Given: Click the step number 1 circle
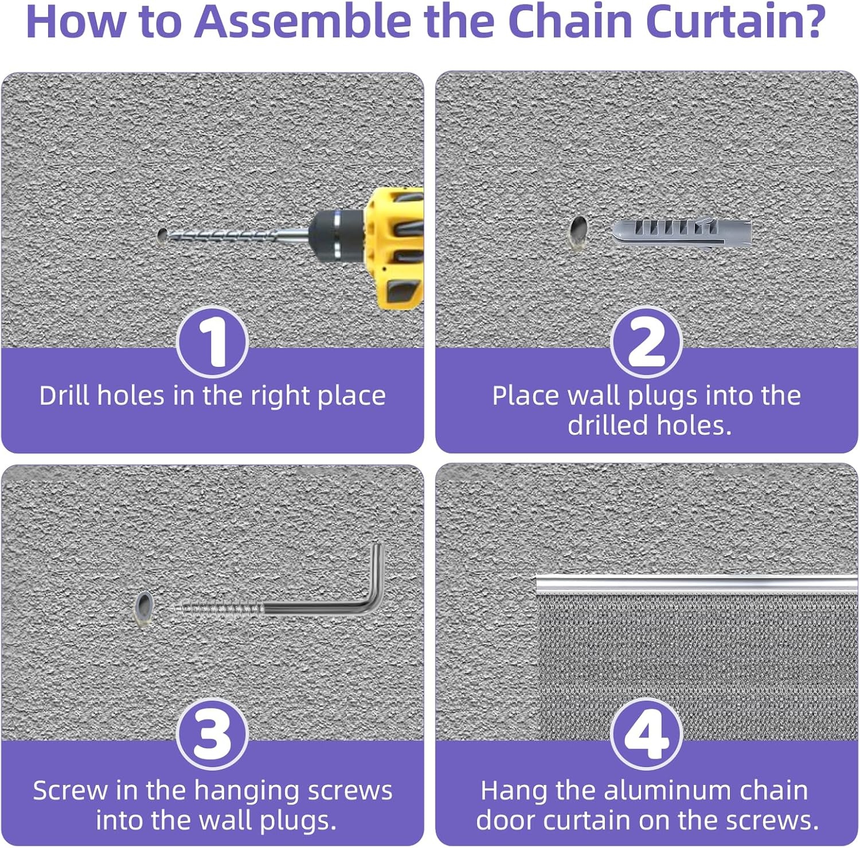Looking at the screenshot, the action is [x=212, y=342].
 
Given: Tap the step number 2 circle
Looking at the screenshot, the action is [x=646, y=342].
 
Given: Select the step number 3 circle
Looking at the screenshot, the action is [x=212, y=734].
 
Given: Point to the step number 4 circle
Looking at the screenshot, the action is [x=646, y=734].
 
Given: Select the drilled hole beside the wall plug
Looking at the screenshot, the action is [x=578, y=230].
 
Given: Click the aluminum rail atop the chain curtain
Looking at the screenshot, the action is [x=696, y=584].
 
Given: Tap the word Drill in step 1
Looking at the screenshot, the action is [x=65, y=396].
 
